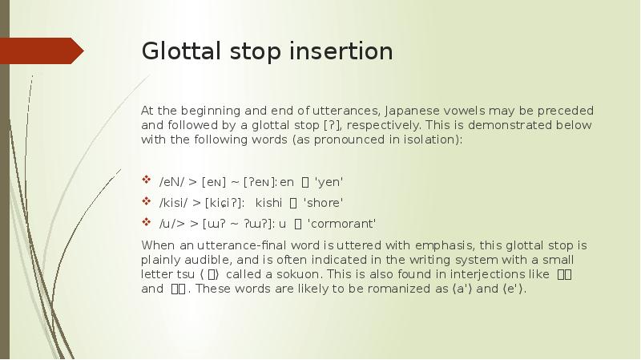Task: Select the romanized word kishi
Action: pos(271,202)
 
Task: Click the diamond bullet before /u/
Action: pos(145,222)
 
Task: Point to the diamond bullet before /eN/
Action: pos(145,180)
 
